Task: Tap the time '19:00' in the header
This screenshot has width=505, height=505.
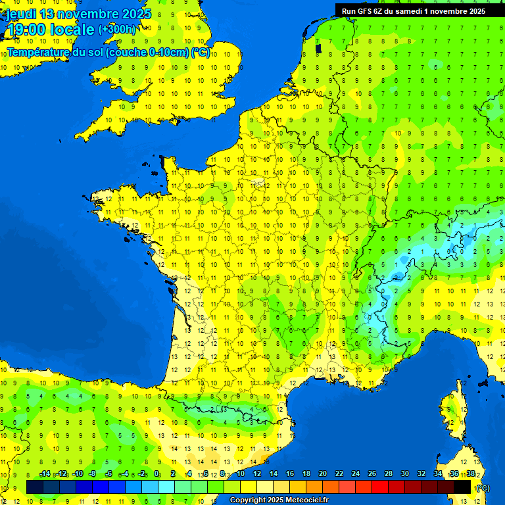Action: pos(26,30)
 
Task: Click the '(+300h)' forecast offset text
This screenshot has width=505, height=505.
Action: pos(117,30)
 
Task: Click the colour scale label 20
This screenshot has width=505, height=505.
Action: pos(323,474)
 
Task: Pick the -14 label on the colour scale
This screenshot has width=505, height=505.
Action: pos(45,474)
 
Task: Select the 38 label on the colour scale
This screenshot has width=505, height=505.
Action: pos(471,474)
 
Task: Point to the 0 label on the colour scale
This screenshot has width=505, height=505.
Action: pos(157,474)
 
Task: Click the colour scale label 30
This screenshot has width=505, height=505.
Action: pos(405,474)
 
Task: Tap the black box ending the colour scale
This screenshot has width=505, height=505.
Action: pos(463,487)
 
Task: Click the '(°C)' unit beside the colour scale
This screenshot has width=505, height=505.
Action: pos(483,487)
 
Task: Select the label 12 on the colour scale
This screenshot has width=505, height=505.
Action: pos(257,474)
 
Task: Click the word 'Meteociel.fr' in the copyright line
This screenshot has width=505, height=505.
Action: pos(307,500)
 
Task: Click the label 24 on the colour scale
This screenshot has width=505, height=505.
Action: pos(356,474)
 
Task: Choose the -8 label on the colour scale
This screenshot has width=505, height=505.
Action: pos(93,474)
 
